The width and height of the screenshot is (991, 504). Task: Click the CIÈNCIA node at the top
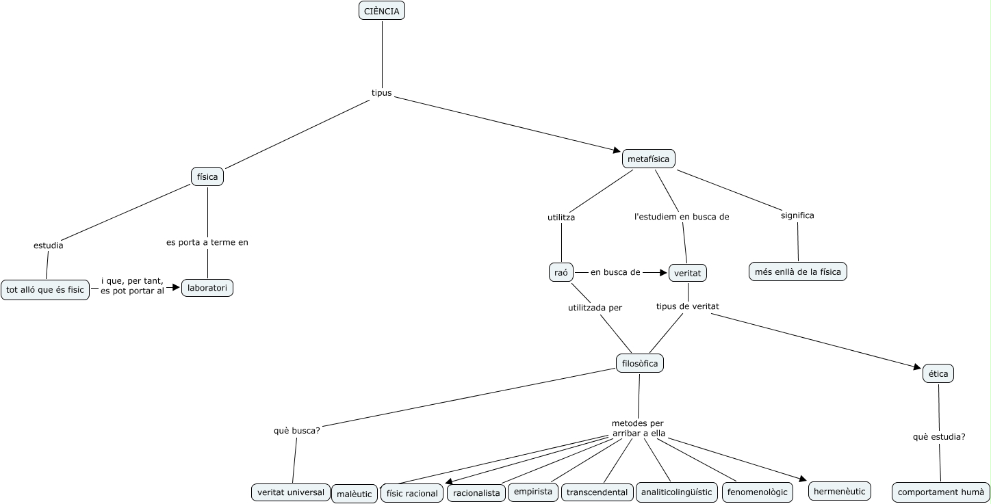pos(382,11)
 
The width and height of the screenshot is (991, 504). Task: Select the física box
pos(207,176)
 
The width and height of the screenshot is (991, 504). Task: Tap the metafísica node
pos(648,159)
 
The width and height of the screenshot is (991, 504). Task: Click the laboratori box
pos(207,288)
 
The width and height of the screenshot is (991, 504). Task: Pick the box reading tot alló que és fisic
pos(45,289)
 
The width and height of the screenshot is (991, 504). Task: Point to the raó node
pos(561,271)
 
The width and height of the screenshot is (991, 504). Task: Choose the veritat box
pos(687,272)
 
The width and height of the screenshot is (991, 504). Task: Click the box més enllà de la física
pos(798,271)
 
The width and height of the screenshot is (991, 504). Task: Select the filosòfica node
pos(640,363)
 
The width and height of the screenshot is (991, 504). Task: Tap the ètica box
pos(938,373)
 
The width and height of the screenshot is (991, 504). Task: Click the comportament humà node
pos(940,492)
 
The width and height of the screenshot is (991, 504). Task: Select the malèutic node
pos(355,494)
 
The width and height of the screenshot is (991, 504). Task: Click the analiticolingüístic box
pos(676,491)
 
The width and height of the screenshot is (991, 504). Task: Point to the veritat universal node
pos(291,492)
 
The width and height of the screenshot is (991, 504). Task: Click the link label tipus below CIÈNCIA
pos(381,93)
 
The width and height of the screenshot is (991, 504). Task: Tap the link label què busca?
pos(297,431)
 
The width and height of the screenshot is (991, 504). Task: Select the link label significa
pos(797,215)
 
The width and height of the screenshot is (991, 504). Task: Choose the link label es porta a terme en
pos(207,242)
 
